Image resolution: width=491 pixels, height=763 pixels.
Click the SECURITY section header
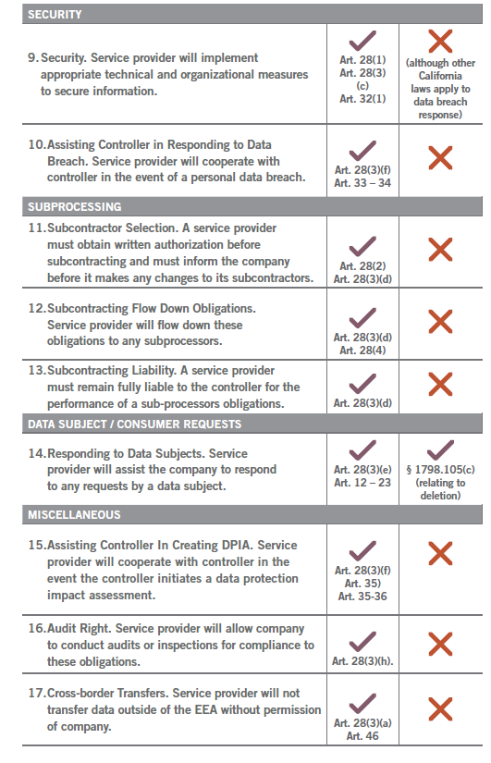pyautogui.click(x=55, y=15)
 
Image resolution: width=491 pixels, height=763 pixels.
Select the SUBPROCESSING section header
pyautogui.click(x=74, y=207)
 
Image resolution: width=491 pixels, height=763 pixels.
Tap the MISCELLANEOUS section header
pyautogui.click(x=74, y=514)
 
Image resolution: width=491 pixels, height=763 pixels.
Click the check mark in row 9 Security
pyautogui.click(x=362, y=42)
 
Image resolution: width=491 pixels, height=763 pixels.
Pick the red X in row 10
pyautogui.click(x=440, y=158)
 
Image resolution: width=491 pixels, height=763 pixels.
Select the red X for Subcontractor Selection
pyautogui.click(x=440, y=249)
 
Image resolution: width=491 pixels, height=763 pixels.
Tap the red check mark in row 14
pyautogui.click(x=440, y=450)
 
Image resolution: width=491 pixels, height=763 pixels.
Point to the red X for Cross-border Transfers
pyautogui.click(x=440, y=709)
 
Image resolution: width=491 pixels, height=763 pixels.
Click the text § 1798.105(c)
pyautogui.click(x=440, y=470)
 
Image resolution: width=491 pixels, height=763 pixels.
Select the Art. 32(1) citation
pyautogui.click(x=362, y=98)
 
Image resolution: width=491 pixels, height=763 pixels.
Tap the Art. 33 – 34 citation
pyautogui.click(x=362, y=183)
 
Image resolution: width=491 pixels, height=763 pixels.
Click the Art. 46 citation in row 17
pyautogui.click(x=362, y=736)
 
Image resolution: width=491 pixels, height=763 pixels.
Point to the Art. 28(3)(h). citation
pyautogui.click(x=362, y=661)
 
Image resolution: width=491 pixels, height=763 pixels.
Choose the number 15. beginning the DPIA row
pyautogui.click(x=36, y=546)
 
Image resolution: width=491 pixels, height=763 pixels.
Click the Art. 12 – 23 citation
pyautogui.click(x=362, y=483)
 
